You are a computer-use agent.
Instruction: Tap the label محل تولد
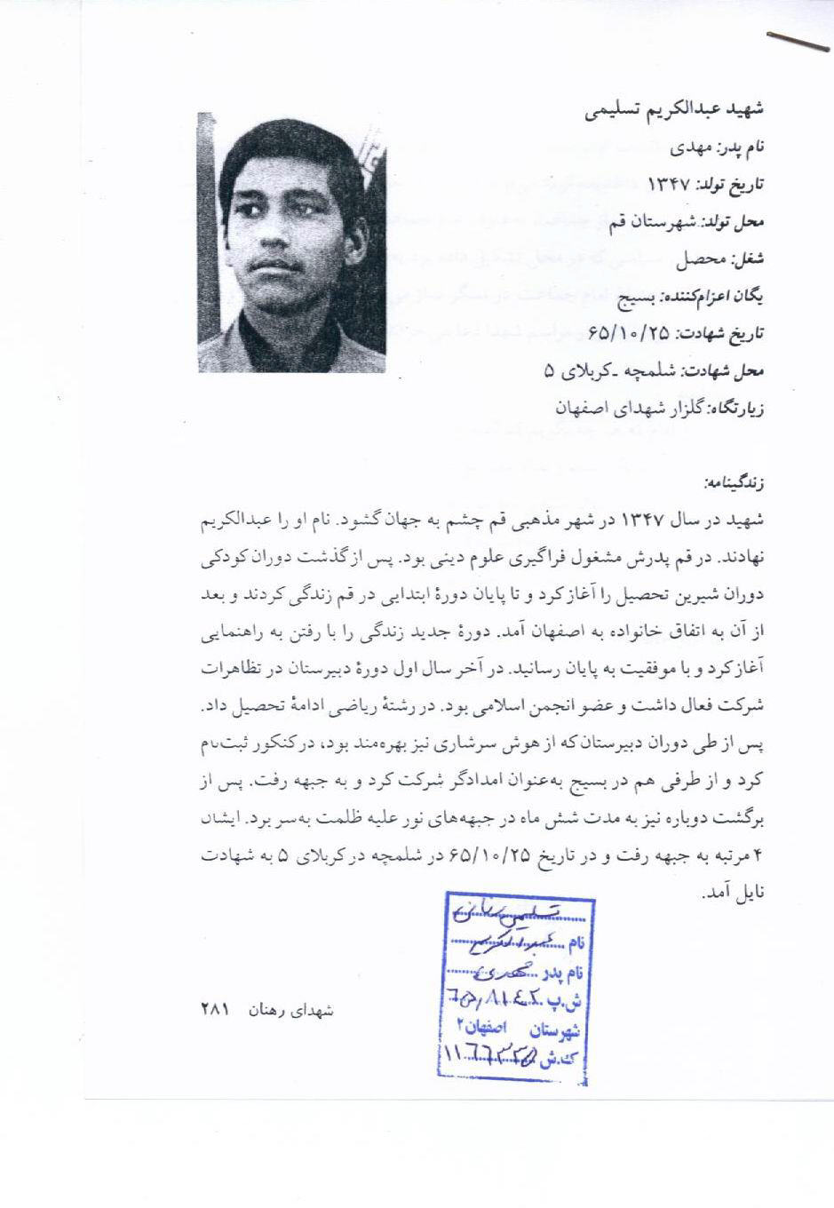click(735, 222)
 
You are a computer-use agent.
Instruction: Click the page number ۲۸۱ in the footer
click(215, 1010)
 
